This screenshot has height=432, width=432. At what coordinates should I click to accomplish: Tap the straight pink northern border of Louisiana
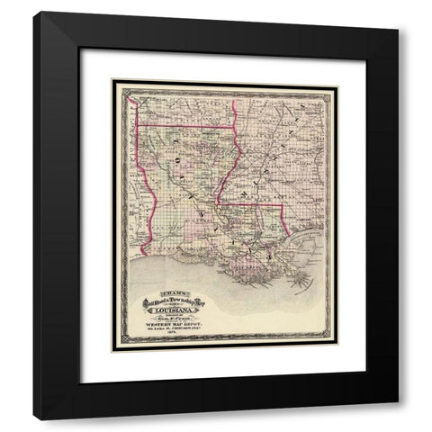pyautogui.click(x=184, y=125)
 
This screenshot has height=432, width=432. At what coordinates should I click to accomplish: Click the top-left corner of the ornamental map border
pyautogui.click(x=112, y=80)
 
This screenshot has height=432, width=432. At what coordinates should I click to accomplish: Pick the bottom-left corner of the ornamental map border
pyautogui.click(x=112, y=351)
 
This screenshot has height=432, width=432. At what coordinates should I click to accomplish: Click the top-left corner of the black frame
pyautogui.click(x=34, y=12)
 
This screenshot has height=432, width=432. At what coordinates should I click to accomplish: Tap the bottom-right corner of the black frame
pyautogui.click(x=398, y=419)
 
